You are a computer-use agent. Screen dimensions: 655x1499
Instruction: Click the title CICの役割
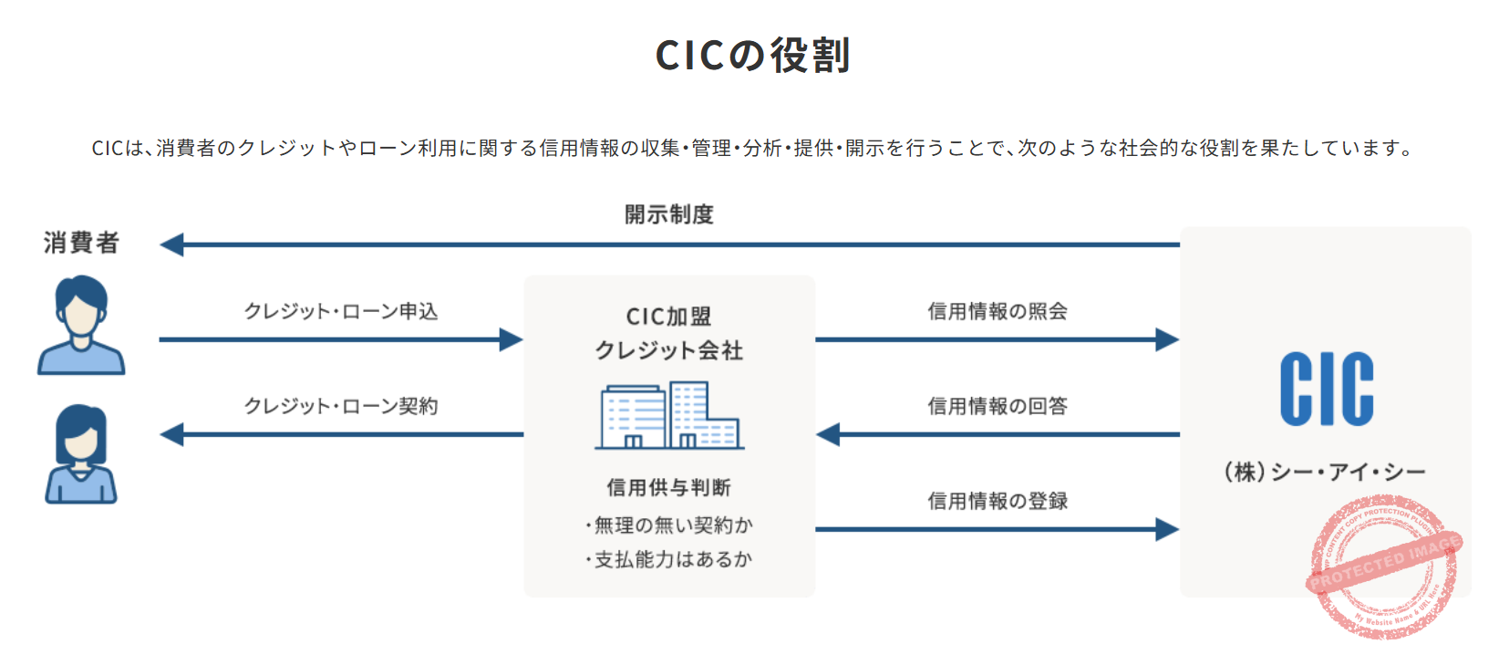[x=752, y=56]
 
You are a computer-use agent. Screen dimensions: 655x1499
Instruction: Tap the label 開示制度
[x=668, y=214]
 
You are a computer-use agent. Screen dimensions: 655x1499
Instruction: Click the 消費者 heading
[x=81, y=243]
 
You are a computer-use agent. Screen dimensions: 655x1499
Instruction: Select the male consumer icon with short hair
[x=81, y=325]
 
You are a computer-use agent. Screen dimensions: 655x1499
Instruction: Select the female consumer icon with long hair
[x=81, y=453]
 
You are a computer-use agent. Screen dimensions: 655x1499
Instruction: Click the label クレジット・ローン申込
[x=340, y=311]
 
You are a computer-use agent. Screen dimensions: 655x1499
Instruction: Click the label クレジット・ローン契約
[x=340, y=406]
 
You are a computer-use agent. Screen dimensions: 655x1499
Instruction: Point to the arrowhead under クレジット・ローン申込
[x=511, y=340]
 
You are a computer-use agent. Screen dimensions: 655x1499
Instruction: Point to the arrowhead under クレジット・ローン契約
[x=172, y=434]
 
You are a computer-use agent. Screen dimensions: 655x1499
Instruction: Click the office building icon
[x=669, y=416]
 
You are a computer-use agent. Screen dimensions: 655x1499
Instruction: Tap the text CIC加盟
[x=668, y=317]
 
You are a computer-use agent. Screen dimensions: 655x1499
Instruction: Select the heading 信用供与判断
[x=668, y=487]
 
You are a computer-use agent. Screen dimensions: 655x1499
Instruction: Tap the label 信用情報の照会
[x=998, y=311]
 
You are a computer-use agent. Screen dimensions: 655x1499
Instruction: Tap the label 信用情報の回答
[x=998, y=406]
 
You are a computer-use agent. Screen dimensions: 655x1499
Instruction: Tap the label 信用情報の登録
[x=998, y=501]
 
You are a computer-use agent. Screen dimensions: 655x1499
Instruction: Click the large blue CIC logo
[x=1326, y=390]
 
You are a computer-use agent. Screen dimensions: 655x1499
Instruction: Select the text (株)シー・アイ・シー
[x=1325, y=472]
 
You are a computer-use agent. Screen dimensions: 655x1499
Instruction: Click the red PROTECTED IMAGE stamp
[x=1384, y=566]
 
